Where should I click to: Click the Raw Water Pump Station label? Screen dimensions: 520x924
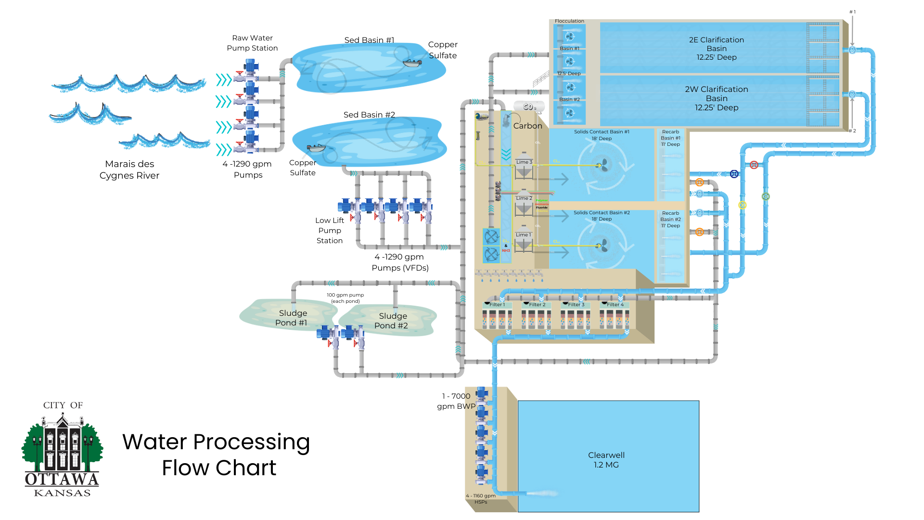(252, 43)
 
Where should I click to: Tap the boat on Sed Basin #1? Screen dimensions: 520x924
(412, 63)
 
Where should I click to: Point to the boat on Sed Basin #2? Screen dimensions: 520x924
(316, 148)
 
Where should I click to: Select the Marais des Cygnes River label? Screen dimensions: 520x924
(129, 169)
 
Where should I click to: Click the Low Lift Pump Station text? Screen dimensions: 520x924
(330, 230)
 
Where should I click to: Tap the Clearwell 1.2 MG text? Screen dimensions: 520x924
(606, 460)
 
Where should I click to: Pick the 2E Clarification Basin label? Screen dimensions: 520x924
(716, 48)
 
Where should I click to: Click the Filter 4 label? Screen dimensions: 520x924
(615, 304)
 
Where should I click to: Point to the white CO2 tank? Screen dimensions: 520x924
(529, 106)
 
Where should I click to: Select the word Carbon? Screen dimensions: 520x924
(527, 126)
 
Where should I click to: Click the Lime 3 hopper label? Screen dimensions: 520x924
(524, 162)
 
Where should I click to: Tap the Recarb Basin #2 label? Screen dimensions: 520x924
(670, 219)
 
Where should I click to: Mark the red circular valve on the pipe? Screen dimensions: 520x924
(754, 165)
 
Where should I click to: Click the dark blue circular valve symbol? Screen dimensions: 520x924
(734, 174)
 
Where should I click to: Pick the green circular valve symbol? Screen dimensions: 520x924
(766, 196)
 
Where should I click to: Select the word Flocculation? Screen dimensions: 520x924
(569, 21)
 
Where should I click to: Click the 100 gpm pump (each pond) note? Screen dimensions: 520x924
(346, 298)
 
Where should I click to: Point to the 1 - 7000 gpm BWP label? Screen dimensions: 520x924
(456, 401)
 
